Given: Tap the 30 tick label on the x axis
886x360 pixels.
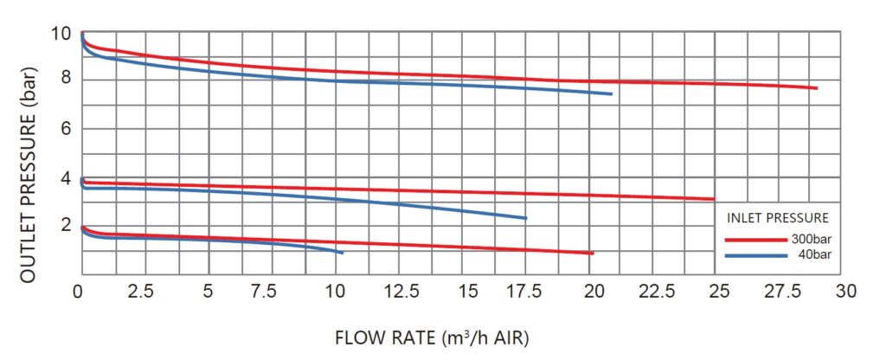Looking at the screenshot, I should click(x=846, y=292).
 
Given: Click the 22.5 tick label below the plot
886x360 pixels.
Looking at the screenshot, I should click(x=657, y=292).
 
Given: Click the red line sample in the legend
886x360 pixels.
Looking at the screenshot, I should click(x=754, y=241).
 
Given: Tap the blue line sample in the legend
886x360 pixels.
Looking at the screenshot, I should click(x=754, y=255).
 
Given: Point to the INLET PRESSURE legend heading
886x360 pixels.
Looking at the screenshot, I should click(x=778, y=217).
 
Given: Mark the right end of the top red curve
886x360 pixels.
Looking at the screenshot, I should click(x=816, y=88).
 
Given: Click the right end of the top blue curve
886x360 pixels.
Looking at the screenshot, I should click(x=612, y=94).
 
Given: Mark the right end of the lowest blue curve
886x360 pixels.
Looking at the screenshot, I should click(x=343, y=253).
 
